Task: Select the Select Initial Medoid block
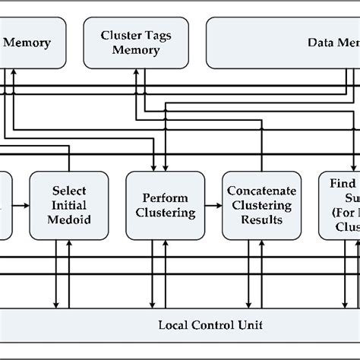[x=69, y=205]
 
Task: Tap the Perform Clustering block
[x=165, y=205]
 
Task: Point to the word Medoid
[x=69, y=219]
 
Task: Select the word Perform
[x=165, y=197]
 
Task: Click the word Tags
[x=157, y=36]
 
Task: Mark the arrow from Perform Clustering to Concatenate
[x=213, y=206]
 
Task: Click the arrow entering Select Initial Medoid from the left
[x=22, y=206]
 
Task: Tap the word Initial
[x=69, y=205]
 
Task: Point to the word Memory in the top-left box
[x=27, y=43]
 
